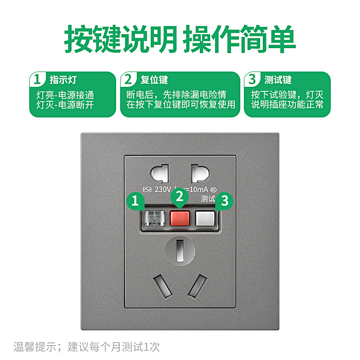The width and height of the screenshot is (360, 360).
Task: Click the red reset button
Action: click(x=180, y=218)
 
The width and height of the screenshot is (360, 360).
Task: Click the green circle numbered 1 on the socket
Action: click(x=135, y=200)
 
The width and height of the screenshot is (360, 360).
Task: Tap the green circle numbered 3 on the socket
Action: click(x=225, y=200)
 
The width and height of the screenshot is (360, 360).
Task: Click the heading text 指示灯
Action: click(x=63, y=80)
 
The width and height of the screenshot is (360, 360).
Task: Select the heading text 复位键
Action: click(x=154, y=80)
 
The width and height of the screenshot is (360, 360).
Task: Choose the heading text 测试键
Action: click(x=278, y=80)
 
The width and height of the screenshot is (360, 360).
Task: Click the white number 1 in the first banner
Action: click(x=38, y=80)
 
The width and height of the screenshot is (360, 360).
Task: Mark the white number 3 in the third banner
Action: click(x=252, y=80)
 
